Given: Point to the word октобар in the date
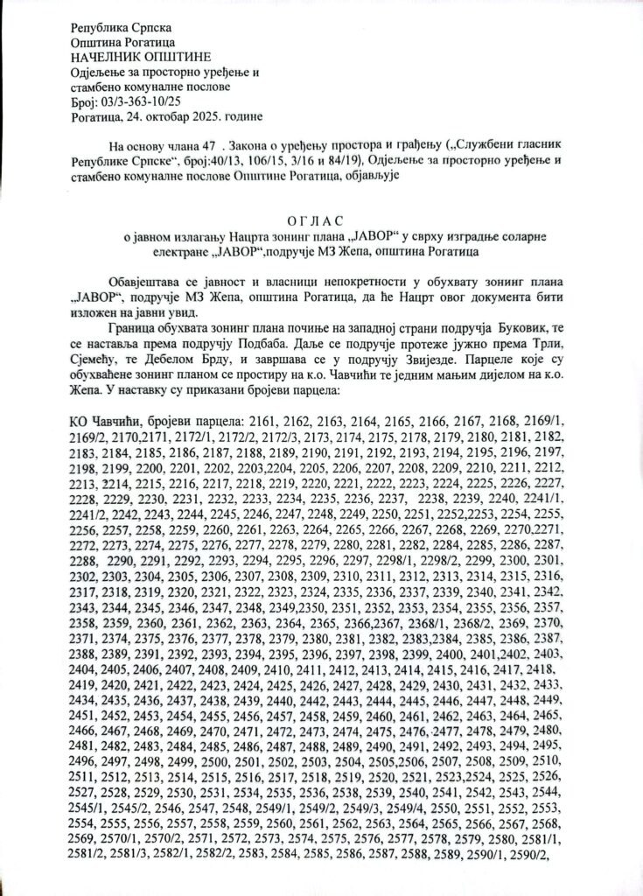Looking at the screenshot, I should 159,116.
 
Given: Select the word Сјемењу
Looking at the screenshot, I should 95,359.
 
